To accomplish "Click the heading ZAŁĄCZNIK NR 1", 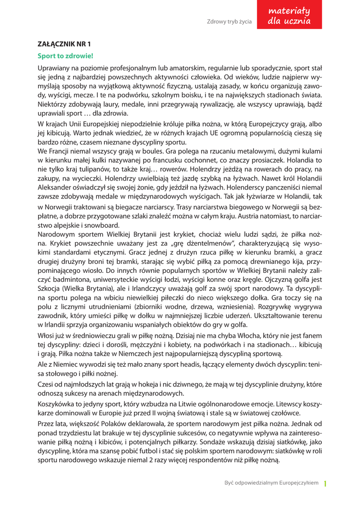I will click(64, 44).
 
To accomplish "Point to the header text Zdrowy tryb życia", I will click(229, 21).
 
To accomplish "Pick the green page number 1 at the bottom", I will click(325, 483).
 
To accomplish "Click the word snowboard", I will click(105, 225).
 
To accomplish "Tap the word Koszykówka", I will click(57, 404).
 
